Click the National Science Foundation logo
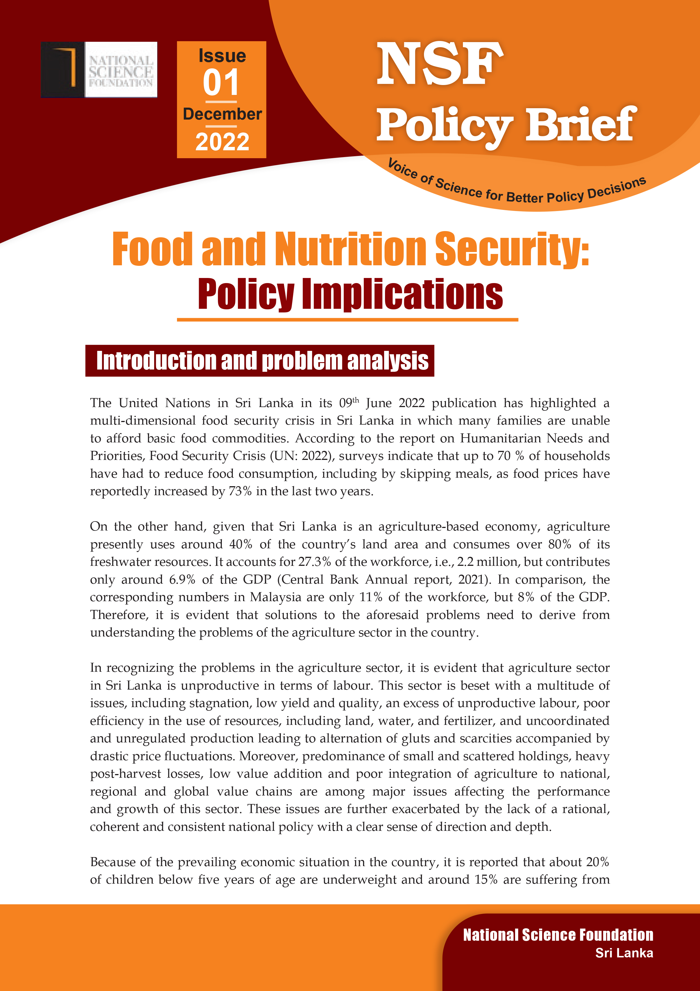click(99, 69)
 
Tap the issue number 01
click(221, 83)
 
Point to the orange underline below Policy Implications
click(347, 320)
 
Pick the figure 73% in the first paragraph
click(240, 492)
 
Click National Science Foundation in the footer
click(558, 935)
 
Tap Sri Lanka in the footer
click(624, 953)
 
